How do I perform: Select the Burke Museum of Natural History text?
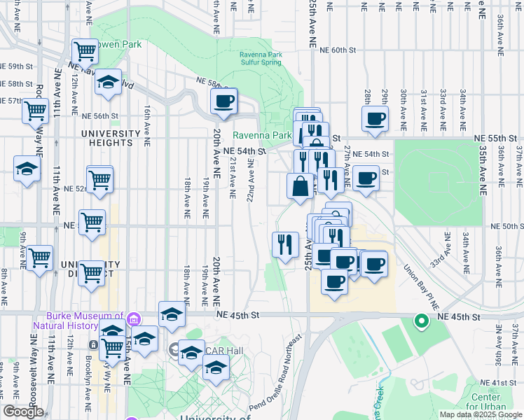tap(85, 321)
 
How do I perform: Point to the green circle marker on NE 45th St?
tap(421, 321)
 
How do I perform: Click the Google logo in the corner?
tap(23, 412)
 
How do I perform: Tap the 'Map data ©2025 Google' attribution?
tap(480, 414)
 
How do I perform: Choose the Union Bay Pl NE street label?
tap(422, 288)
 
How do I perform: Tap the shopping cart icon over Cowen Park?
tap(85, 51)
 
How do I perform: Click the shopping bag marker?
tap(301, 186)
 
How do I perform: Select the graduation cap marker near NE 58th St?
tap(109, 82)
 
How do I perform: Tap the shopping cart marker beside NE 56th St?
tap(35, 111)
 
